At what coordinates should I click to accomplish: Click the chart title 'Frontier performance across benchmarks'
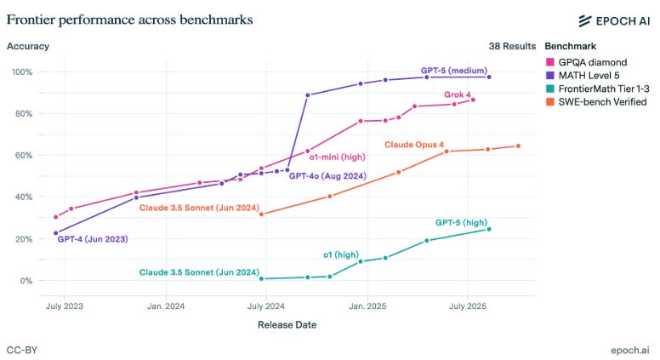129,18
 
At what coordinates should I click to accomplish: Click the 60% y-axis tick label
22,155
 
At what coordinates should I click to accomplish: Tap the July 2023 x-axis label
65,306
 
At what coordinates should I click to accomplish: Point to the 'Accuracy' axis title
27,46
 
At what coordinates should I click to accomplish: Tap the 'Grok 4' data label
458,94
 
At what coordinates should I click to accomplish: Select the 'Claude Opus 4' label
414,145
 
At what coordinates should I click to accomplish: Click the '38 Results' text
510,46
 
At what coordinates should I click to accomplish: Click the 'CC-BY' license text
22,350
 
